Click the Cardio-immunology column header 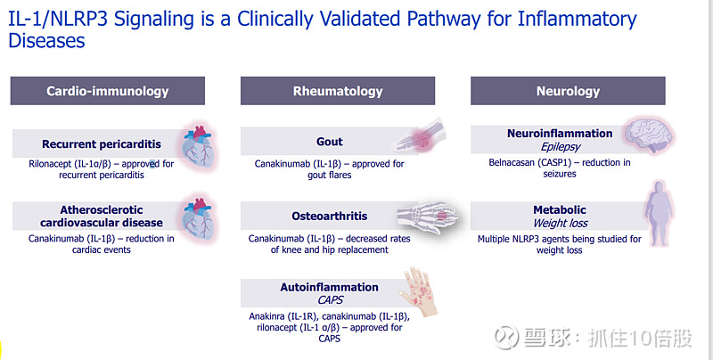tap(108, 91)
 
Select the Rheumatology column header tap(338, 91)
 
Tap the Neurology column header tap(568, 91)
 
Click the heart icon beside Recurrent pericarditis tap(198, 146)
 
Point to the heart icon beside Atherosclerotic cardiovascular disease tap(198, 219)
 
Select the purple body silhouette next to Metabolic tap(659, 213)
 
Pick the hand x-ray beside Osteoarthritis tap(427, 217)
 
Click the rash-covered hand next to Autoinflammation tap(419, 291)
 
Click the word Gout tap(330, 142)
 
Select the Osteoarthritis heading tap(330, 216)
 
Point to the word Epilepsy tap(561, 147)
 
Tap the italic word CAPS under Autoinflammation tap(331, 300)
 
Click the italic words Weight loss tap(561, 223)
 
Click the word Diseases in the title tap(46, 40)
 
